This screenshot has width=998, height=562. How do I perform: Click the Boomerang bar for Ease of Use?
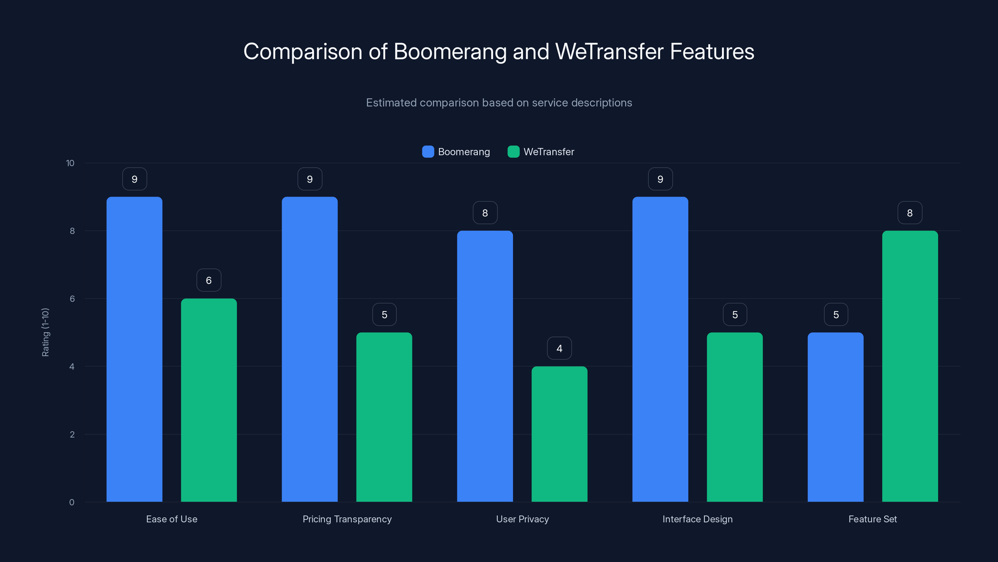[134, 349]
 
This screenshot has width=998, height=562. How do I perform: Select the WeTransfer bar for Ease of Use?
[209, 400]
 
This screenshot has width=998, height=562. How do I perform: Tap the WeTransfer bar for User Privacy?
[559, 434]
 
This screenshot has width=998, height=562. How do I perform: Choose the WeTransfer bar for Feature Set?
[910, 366]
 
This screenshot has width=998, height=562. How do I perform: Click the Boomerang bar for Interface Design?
[660, 349]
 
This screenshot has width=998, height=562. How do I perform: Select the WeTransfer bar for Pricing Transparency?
[384, 417]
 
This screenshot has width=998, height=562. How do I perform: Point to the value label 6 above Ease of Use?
[209, 280]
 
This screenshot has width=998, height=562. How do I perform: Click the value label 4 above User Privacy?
[559, 348]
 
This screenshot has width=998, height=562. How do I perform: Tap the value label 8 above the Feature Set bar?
[910, 213]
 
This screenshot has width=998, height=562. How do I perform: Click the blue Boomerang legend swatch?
[428, 152]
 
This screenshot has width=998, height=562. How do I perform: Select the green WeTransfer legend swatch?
[513, 152]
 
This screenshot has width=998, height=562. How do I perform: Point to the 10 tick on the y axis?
[70, 163]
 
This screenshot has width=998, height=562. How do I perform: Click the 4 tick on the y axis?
[72, 367]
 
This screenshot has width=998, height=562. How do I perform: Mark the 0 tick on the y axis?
[72, 502]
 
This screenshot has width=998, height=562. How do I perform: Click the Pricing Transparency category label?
[347, 519]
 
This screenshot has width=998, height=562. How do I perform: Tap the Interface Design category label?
[697, 519]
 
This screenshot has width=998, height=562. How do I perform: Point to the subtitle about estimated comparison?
[499, 103]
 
